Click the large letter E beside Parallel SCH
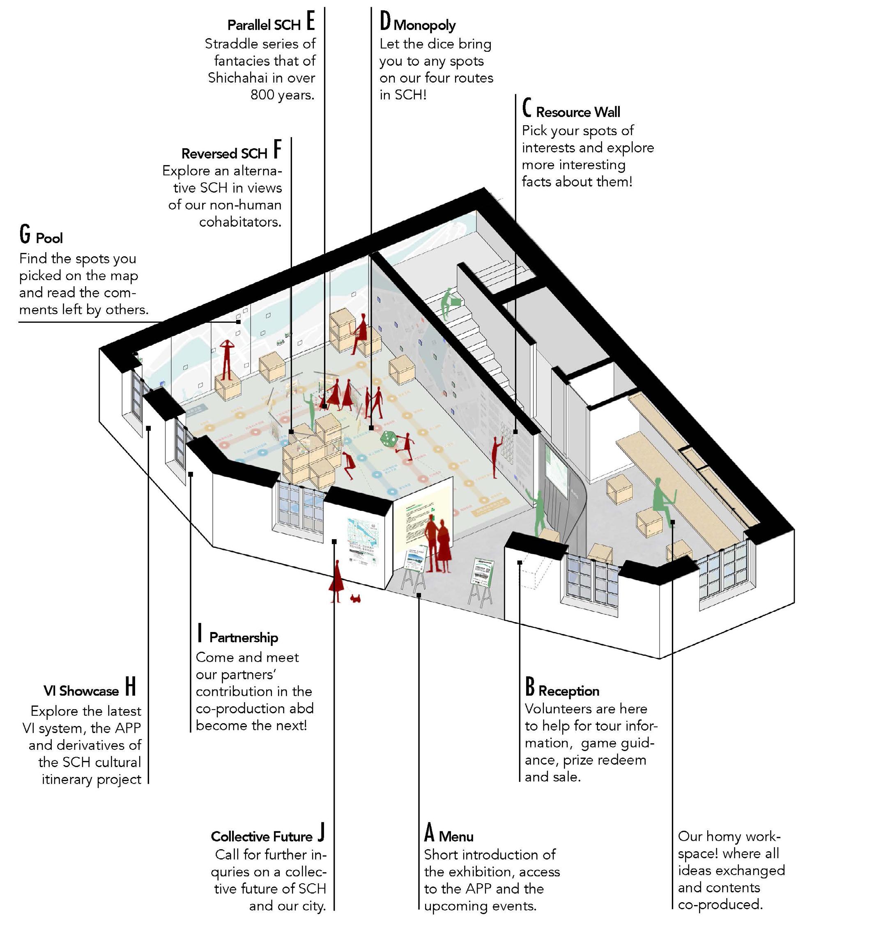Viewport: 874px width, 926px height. (x=311, y=22)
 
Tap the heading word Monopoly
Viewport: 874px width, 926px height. (x=424, y=25)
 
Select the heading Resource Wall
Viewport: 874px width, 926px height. (x=578, y=112)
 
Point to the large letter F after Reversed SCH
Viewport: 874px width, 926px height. (x=278, y=150)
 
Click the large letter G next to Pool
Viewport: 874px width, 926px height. (x=25, y=234)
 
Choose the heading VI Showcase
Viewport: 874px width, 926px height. (x=81, y=691)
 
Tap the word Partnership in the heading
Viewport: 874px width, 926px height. (x=243, y=638)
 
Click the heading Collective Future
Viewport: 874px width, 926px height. (x=261, y=836)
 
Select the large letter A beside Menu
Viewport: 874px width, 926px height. (x=429, y=833)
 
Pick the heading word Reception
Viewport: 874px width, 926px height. (x=568, y=691)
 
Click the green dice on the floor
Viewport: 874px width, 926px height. (x=389, y=439)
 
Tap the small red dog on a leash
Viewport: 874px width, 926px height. (x=356, y=597)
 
